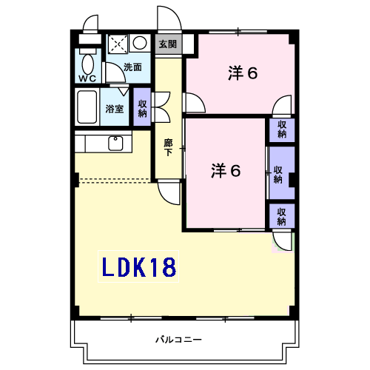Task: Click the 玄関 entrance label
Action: (x=167, y=44)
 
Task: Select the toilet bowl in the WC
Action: (x=88, y=61)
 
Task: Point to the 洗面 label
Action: (x=133, y=67)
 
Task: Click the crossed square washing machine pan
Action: (x=118, y=44)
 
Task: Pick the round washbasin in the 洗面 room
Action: (x=140, y=43)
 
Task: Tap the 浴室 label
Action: (x=115, y=110)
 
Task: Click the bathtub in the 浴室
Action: (x=87, y=108)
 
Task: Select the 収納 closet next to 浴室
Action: (x=142, y=107)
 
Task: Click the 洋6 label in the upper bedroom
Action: (x=243, y=73)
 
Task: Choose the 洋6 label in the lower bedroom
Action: (x=226, y=171)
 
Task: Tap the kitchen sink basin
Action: (x=116, y=143)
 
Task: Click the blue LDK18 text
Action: (x=138, y=267)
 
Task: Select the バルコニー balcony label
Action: (x=178, y=340)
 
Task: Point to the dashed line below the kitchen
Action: (x=115, y=180)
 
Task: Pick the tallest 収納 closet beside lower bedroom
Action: (x=281, y=173)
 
